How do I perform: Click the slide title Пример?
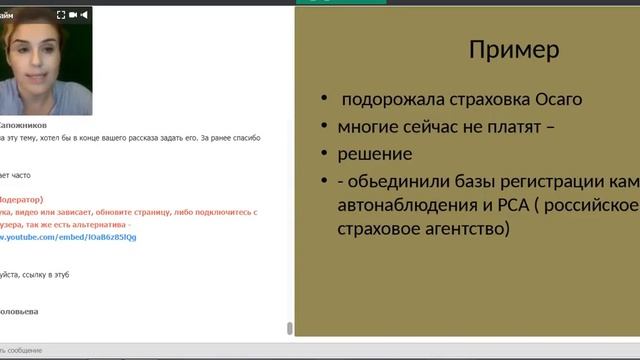(514, 50)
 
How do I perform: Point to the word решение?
(375, 154)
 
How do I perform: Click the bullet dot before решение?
(324, 154)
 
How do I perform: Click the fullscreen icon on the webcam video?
(61, 15)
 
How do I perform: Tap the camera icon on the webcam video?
(74, 15)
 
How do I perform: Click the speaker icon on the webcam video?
(85, 15)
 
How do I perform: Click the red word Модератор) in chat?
(22, 199)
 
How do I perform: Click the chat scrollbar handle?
(290, 327)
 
